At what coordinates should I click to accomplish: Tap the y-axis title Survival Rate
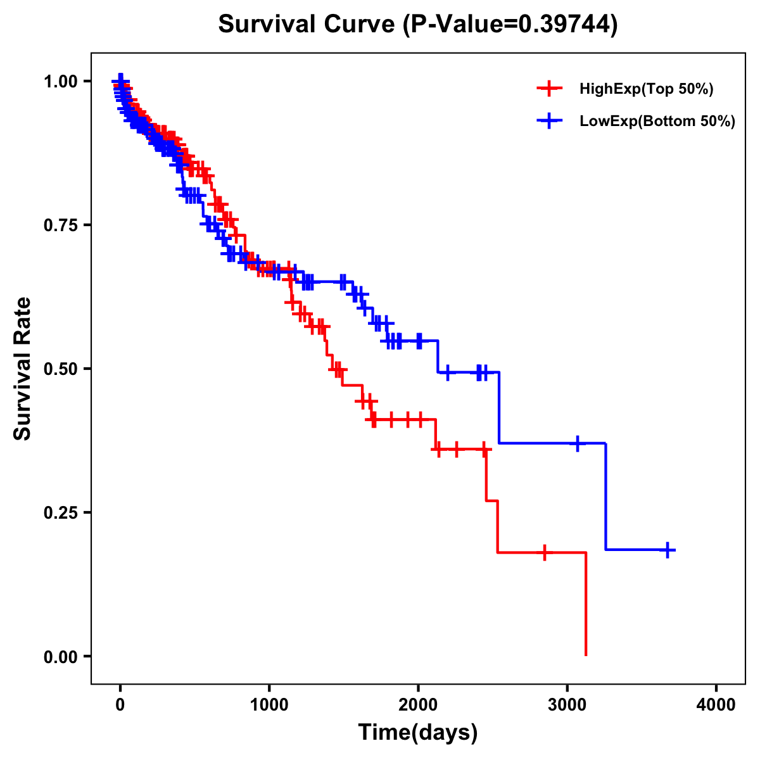pos(23,368)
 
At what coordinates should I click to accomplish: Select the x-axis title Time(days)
pos(418,733)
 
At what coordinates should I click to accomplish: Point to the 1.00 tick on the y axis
pos(60,82)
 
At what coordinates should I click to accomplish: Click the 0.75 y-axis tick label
pos(60,225)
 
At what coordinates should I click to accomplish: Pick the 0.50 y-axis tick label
pos(60,369)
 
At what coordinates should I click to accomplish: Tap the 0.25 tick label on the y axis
pos(60,513)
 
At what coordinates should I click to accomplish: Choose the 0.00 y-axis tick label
pos(60,657)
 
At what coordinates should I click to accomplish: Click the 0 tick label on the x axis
pos(120,705)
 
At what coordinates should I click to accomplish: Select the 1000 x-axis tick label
pos(269,705)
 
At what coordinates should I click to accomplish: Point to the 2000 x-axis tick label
pos(418,705)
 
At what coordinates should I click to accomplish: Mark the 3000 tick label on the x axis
pos(567,705)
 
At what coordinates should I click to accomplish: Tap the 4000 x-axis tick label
pos(716,705)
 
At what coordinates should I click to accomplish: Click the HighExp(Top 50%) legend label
pos(646,89)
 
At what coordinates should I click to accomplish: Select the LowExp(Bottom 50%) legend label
pos(657,122)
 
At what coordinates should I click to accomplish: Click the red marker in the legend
pos(549,89)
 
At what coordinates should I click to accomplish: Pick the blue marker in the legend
pos(549,121)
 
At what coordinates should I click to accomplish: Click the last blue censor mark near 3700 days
pos(667,550)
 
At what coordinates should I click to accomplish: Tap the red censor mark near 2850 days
pos(544,552)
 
